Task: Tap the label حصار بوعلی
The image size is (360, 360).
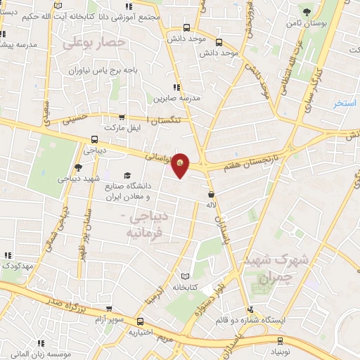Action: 94,43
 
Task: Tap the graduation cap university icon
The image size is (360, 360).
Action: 127,176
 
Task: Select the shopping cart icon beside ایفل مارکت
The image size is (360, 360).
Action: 123,117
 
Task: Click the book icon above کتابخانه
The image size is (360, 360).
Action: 186,276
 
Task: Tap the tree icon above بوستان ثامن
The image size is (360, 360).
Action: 307,11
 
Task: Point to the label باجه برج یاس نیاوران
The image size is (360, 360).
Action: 108,70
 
